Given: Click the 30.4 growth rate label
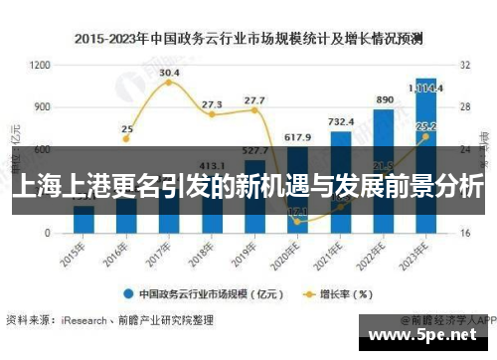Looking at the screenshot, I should pos(169,73).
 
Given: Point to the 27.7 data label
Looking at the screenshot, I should pos(254,100).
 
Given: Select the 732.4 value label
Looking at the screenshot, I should pos(341,121).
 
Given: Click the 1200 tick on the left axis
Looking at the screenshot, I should pos(40,65).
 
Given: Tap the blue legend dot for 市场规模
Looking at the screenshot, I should pos(128,294).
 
